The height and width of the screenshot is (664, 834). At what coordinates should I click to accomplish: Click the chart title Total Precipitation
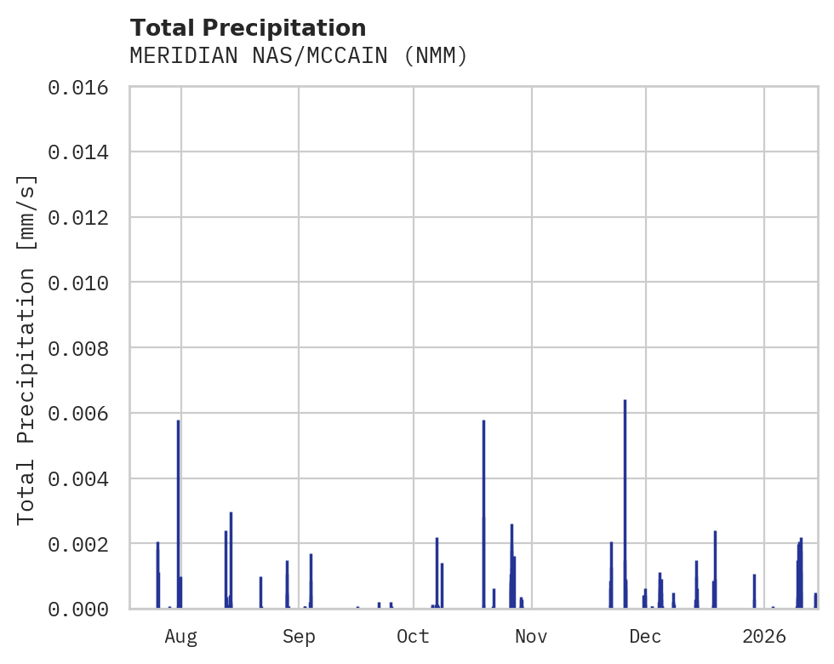coord(248,28)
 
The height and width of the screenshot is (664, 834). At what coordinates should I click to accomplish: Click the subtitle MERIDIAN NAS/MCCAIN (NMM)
coord(299,56)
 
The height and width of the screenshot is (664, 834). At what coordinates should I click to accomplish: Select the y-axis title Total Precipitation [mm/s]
coord(27,348)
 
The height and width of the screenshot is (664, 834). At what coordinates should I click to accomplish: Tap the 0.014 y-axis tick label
coord(83,152)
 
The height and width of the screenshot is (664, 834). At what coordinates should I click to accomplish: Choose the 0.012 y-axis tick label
coord(83,217)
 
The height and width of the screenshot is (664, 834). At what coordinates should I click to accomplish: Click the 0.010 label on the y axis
coord(83,283)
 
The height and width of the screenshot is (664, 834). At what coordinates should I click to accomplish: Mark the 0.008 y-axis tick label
coord(83,348)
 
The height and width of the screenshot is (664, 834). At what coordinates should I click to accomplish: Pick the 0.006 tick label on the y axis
coord(83,413)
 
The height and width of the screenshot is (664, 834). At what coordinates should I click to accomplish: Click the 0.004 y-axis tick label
coord(83,478)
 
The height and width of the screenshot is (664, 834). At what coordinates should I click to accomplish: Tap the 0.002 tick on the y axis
coord(83,543)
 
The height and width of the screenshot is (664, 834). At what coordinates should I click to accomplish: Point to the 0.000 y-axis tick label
coord(83,609)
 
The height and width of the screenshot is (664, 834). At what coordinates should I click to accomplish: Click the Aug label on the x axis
coord(181,636)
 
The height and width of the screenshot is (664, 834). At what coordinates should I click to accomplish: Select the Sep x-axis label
coord(299,636)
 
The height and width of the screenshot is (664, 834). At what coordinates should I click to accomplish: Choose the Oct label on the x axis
coord(414,636)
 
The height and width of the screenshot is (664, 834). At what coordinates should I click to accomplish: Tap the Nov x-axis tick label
coord(531,636)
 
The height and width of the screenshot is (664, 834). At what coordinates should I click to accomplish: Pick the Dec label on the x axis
coord(646,636)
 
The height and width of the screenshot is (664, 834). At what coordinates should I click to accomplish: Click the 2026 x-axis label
coord(764,636)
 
